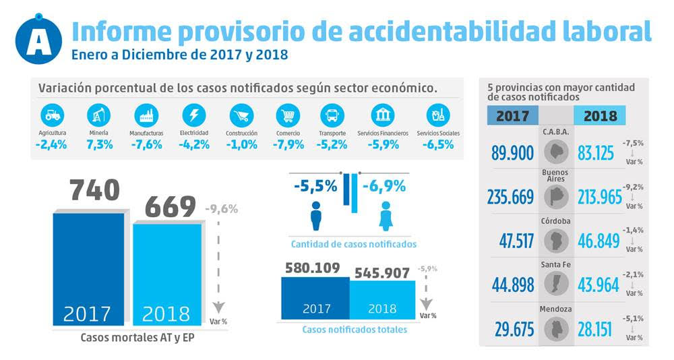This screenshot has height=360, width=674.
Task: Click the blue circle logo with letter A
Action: (38, 40)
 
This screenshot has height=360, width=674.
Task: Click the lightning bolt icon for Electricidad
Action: (193, 115)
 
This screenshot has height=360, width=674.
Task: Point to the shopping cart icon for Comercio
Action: (288, 115)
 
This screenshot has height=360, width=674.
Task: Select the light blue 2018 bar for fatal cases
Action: (166, 273)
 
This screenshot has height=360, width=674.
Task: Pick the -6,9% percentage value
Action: (384, 185)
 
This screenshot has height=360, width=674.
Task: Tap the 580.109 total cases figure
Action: (312, 269)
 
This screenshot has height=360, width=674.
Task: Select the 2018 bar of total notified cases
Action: (382, 299)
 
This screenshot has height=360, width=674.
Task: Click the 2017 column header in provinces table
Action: (512, 115)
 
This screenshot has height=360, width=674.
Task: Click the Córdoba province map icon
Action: (556, 240)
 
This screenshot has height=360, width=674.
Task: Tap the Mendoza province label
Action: (556, 309)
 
